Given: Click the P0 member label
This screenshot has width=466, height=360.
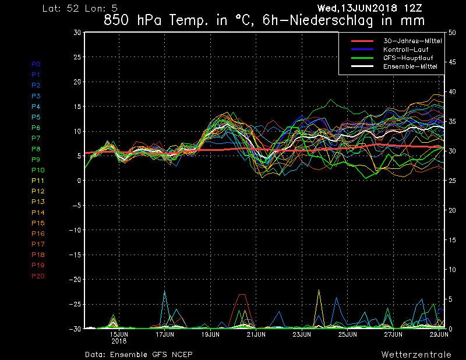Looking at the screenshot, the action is coord(36,64).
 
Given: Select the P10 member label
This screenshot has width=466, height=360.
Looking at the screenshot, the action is coord(38,170).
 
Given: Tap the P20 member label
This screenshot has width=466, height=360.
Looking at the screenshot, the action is coord(38,276).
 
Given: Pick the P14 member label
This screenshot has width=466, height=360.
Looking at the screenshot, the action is coord(38,212).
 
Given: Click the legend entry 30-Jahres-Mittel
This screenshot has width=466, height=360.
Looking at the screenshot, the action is coord(412,41).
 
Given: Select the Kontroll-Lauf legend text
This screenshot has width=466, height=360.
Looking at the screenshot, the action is coord(405,50).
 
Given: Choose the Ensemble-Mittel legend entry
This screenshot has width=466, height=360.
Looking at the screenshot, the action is coord(410,66).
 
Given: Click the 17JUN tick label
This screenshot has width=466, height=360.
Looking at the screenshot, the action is coord(165,334).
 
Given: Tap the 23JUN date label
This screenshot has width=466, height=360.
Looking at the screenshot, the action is coord(302,334).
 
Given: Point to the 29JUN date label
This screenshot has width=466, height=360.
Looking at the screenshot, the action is coord(439,334).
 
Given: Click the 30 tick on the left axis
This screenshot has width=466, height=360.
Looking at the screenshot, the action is coord(77,32).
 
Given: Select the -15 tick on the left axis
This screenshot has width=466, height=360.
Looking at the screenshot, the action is coord(75,255).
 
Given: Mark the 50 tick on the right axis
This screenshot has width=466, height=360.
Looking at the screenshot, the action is coord(452,33).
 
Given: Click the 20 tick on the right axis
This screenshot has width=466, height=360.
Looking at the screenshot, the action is coord(452,210).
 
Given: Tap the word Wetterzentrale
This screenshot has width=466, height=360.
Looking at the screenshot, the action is coord(416,354).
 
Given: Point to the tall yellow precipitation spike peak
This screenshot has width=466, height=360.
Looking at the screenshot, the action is coord(319,290).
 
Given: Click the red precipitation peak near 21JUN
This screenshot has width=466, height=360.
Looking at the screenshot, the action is coord(242,294).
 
